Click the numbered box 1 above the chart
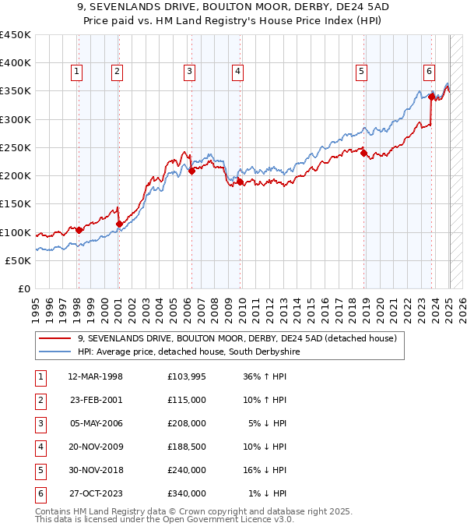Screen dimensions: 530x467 (77, 72)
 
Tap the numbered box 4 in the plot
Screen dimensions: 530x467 (237, 72)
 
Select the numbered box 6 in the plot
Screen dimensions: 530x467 (429, 72)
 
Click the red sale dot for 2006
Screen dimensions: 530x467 (191, 171)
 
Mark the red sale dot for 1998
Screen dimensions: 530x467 (79, 230)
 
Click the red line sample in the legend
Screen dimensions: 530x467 (54, 338)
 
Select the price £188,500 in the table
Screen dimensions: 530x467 (187, 447)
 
